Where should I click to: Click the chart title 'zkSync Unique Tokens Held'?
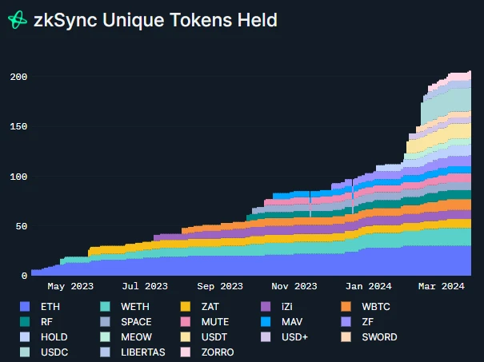point(155,21)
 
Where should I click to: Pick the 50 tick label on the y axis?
point(20,226)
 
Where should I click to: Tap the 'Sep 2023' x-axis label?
point(219,286)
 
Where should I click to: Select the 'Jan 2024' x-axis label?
point(368,286)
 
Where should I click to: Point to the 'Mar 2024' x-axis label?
point(441,286)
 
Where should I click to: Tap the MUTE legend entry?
point(215,321)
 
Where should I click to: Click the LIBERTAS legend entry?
point(144,352)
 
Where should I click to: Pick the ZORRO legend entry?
point(217,352)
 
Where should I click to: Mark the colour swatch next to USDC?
point(25,352)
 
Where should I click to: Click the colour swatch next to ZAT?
point(185,306)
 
